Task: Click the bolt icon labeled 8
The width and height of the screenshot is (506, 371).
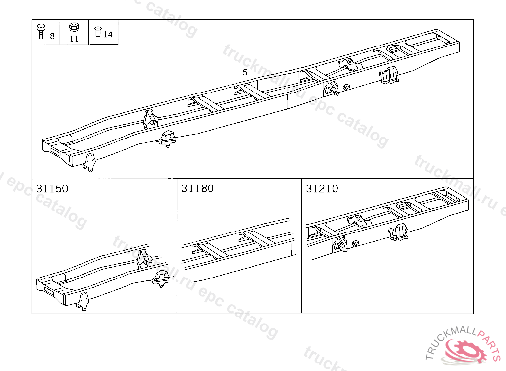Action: coord(41,32)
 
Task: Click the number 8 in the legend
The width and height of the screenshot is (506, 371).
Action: coord(52,36)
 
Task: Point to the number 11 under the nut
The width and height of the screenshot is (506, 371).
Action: coord(74,38)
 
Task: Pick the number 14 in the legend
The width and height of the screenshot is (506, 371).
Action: coord(108,34)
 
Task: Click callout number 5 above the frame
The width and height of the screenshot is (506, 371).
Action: coord(245,72)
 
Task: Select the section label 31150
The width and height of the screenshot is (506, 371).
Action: coord(52,189)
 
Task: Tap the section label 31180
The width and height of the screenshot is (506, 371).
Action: coord(197,189)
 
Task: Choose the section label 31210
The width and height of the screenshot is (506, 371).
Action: coord(322,189)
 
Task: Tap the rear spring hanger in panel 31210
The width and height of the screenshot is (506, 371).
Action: coord(398,232)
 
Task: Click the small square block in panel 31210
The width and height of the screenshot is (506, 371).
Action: coord(355,243)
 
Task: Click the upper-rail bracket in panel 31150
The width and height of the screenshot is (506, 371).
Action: coord(143,258)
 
